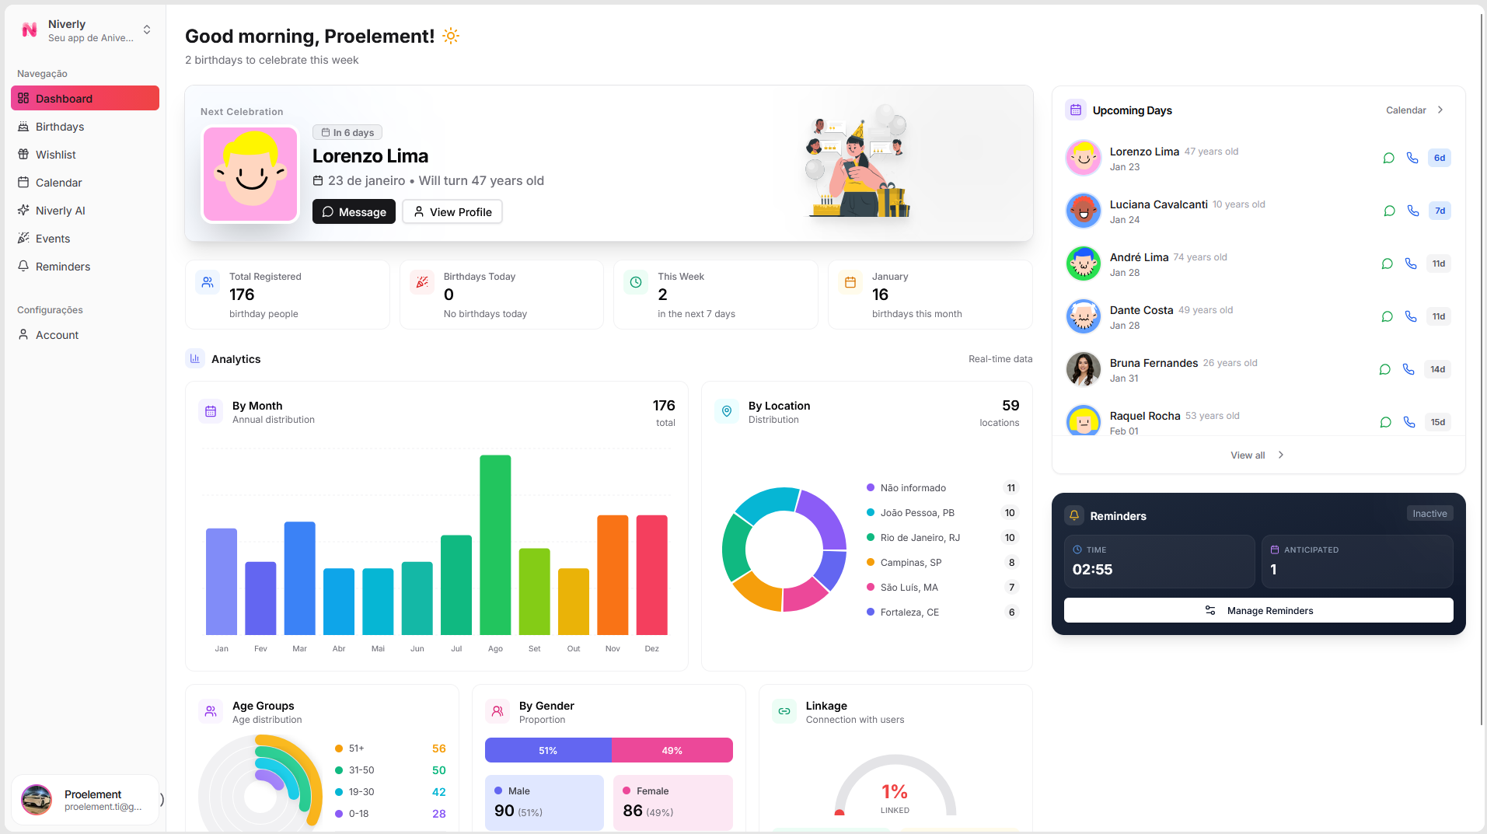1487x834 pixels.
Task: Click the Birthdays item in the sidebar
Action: point(60,127)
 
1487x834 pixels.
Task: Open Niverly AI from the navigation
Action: point(60,211)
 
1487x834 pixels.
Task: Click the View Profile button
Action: point(452,212)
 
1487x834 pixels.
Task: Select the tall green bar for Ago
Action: point(495,544)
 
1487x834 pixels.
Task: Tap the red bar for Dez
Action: point(651,575)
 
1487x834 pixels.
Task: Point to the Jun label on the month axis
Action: point(417,649)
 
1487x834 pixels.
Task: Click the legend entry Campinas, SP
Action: point(910,563)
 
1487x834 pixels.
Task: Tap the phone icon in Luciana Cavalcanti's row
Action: point(1412,211)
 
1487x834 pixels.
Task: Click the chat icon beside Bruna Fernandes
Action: point(1384,369)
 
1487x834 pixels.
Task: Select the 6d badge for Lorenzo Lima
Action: point(1439,158)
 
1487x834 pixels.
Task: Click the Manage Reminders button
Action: point(1258,611)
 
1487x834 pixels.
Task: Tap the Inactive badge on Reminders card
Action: point(1429,514)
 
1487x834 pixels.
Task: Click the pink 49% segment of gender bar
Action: point(672,751)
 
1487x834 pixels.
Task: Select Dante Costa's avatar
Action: point(1083,316)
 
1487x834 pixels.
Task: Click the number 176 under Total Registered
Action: point(242,295)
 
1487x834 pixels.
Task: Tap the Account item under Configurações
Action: point(57,335)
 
